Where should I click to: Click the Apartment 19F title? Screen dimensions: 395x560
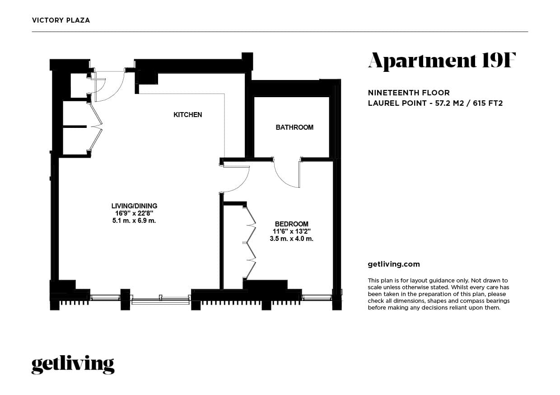tap(441, 61)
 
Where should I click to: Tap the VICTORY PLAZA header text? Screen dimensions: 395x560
tap(61, 20)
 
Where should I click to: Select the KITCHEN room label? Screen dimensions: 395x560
tap(187, 115)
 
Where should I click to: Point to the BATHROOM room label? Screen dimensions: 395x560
tap(294, 127)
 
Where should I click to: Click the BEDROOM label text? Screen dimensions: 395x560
tap(291, 224)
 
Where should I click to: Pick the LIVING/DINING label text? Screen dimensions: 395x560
tap(134, 206)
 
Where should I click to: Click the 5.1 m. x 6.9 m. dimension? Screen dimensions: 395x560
tap(134, 221)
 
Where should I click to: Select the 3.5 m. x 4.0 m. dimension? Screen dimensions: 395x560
tap(291, 239)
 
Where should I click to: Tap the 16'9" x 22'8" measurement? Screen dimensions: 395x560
tap(134, 213)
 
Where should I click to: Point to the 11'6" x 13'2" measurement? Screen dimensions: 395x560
tap(291, 231)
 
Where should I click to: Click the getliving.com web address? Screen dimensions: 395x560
tap(394, 264)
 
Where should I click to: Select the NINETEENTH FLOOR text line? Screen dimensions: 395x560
tap(409, 93)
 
